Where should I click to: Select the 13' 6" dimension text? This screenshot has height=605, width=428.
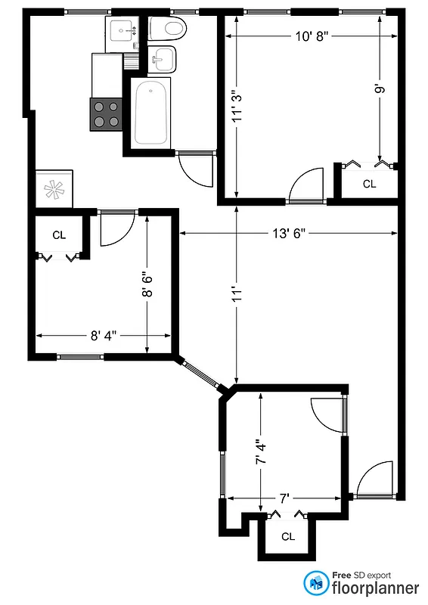[x=289, y=234]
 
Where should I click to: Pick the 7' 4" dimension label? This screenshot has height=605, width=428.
[x=261, y=452]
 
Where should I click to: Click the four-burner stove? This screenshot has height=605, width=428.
[x=106, y=114]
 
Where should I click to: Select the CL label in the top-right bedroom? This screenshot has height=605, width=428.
[x=369, y=184]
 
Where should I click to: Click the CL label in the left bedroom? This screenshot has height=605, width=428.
[x=59, y=235]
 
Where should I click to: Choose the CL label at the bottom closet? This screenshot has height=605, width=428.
[x=287, y=536]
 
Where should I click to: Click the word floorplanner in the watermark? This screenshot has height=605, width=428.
[x=376, y=588]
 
